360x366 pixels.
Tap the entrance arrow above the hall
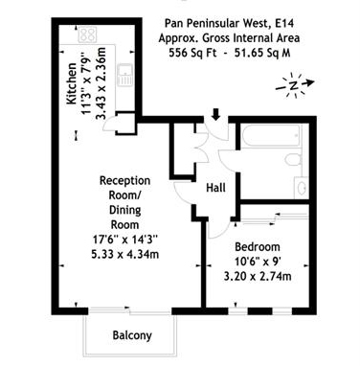click(x=215, y=115)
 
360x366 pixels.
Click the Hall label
click(x=215, y=188)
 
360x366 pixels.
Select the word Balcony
click(x=131, y=335)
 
